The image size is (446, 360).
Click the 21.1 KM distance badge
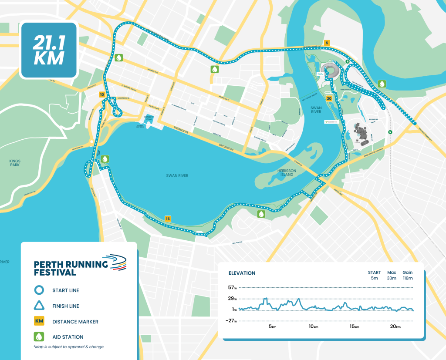click(49, 50)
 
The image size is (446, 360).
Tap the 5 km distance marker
click(327, 43)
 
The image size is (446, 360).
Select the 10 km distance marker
click(102, 94)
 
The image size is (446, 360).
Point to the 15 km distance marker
click(168, 219)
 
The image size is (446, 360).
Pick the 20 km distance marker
click(329, 99)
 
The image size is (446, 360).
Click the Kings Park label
click(15, 163)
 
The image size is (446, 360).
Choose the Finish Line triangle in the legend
click(39, 306)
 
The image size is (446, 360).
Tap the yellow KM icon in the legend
click(39, 322)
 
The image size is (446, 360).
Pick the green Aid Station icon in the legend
click(39, 336)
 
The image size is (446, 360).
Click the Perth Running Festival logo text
click(71, 268)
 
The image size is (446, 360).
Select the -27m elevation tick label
click(231, 321)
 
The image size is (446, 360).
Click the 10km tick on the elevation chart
click(313, 326)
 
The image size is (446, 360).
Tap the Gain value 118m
click(408, 278)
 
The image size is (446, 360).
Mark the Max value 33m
click(392, 278)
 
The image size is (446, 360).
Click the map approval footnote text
click(69, 347)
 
